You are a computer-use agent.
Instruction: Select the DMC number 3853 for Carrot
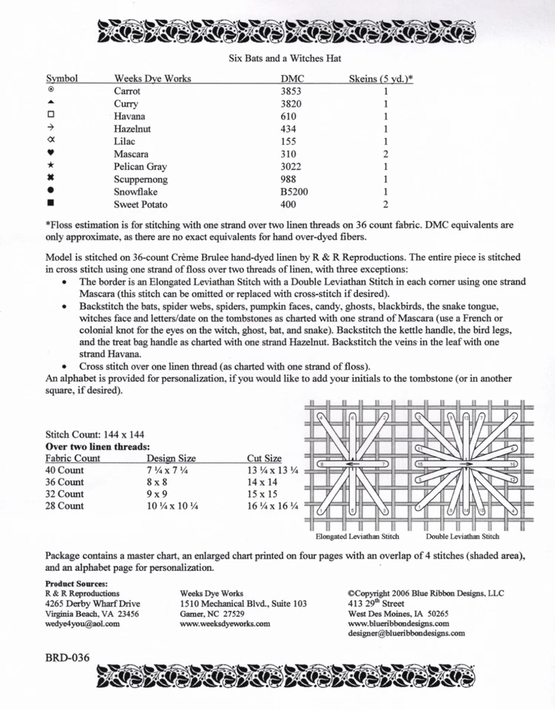tap(292, 91)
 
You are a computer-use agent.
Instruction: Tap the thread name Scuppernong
tap(141, 180)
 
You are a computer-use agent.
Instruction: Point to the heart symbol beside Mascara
tap(51, 154)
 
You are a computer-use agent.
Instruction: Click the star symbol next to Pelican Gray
tap(51, 166)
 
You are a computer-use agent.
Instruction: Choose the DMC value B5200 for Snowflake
tap(295, 192)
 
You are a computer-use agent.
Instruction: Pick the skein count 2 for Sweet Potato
tap(386, 204)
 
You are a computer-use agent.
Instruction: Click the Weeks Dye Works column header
tap(152, 78)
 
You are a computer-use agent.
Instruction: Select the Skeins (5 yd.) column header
tap(380, 78)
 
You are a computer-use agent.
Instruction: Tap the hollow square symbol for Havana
tap(51, 115)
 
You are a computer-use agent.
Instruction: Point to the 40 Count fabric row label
tap(65, 470)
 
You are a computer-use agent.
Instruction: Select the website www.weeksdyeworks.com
tap(225, 623)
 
